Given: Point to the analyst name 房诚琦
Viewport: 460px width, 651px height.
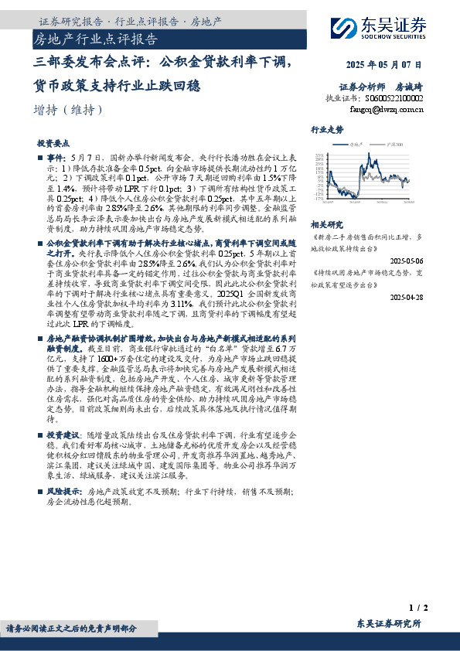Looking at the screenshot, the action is point(409,87).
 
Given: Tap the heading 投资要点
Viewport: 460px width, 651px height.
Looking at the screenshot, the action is point(54,144).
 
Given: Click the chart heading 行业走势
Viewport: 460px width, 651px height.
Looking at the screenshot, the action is point(327,129).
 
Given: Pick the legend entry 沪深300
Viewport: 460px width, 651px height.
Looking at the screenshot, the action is point(394,144).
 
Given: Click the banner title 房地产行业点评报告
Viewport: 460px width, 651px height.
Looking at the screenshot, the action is point(96,38).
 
